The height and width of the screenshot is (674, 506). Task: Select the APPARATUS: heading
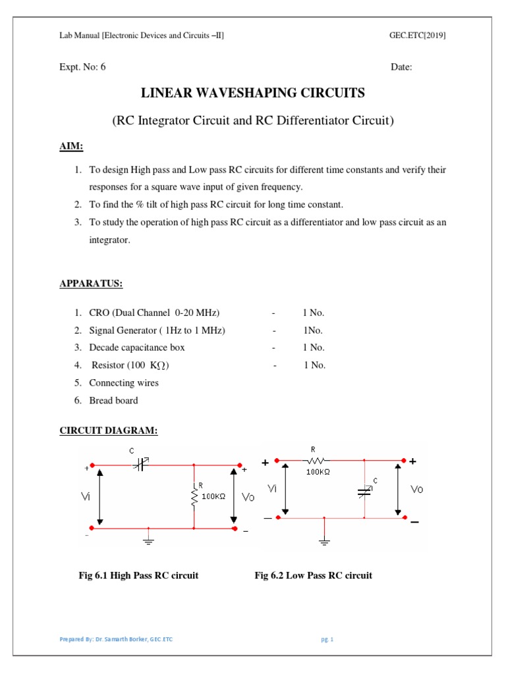tap(91, 284)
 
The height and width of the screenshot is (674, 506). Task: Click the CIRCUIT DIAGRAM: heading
tap(109, 430)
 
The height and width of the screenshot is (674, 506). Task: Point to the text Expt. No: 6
tap(82, 66)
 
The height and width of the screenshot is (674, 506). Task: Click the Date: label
tap(401, 67)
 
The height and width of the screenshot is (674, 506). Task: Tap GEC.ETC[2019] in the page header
tap(418, 36)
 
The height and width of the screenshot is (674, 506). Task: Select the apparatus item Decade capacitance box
tap(137, 348)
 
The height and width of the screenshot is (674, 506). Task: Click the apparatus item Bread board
tap(113, 400)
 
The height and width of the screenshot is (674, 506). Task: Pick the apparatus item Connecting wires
tap(124, 382)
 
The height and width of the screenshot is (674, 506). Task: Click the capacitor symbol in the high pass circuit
tap(140, 464)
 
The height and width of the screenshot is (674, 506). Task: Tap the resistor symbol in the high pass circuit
tap(194, 496)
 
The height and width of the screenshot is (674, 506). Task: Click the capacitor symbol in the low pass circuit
tap(364, 491)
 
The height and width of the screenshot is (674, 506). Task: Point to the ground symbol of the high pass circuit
tap(148, 540)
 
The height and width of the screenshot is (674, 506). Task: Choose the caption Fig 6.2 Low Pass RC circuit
tap(313, 575)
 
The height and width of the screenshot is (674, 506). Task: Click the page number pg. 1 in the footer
tap(327, 639)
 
